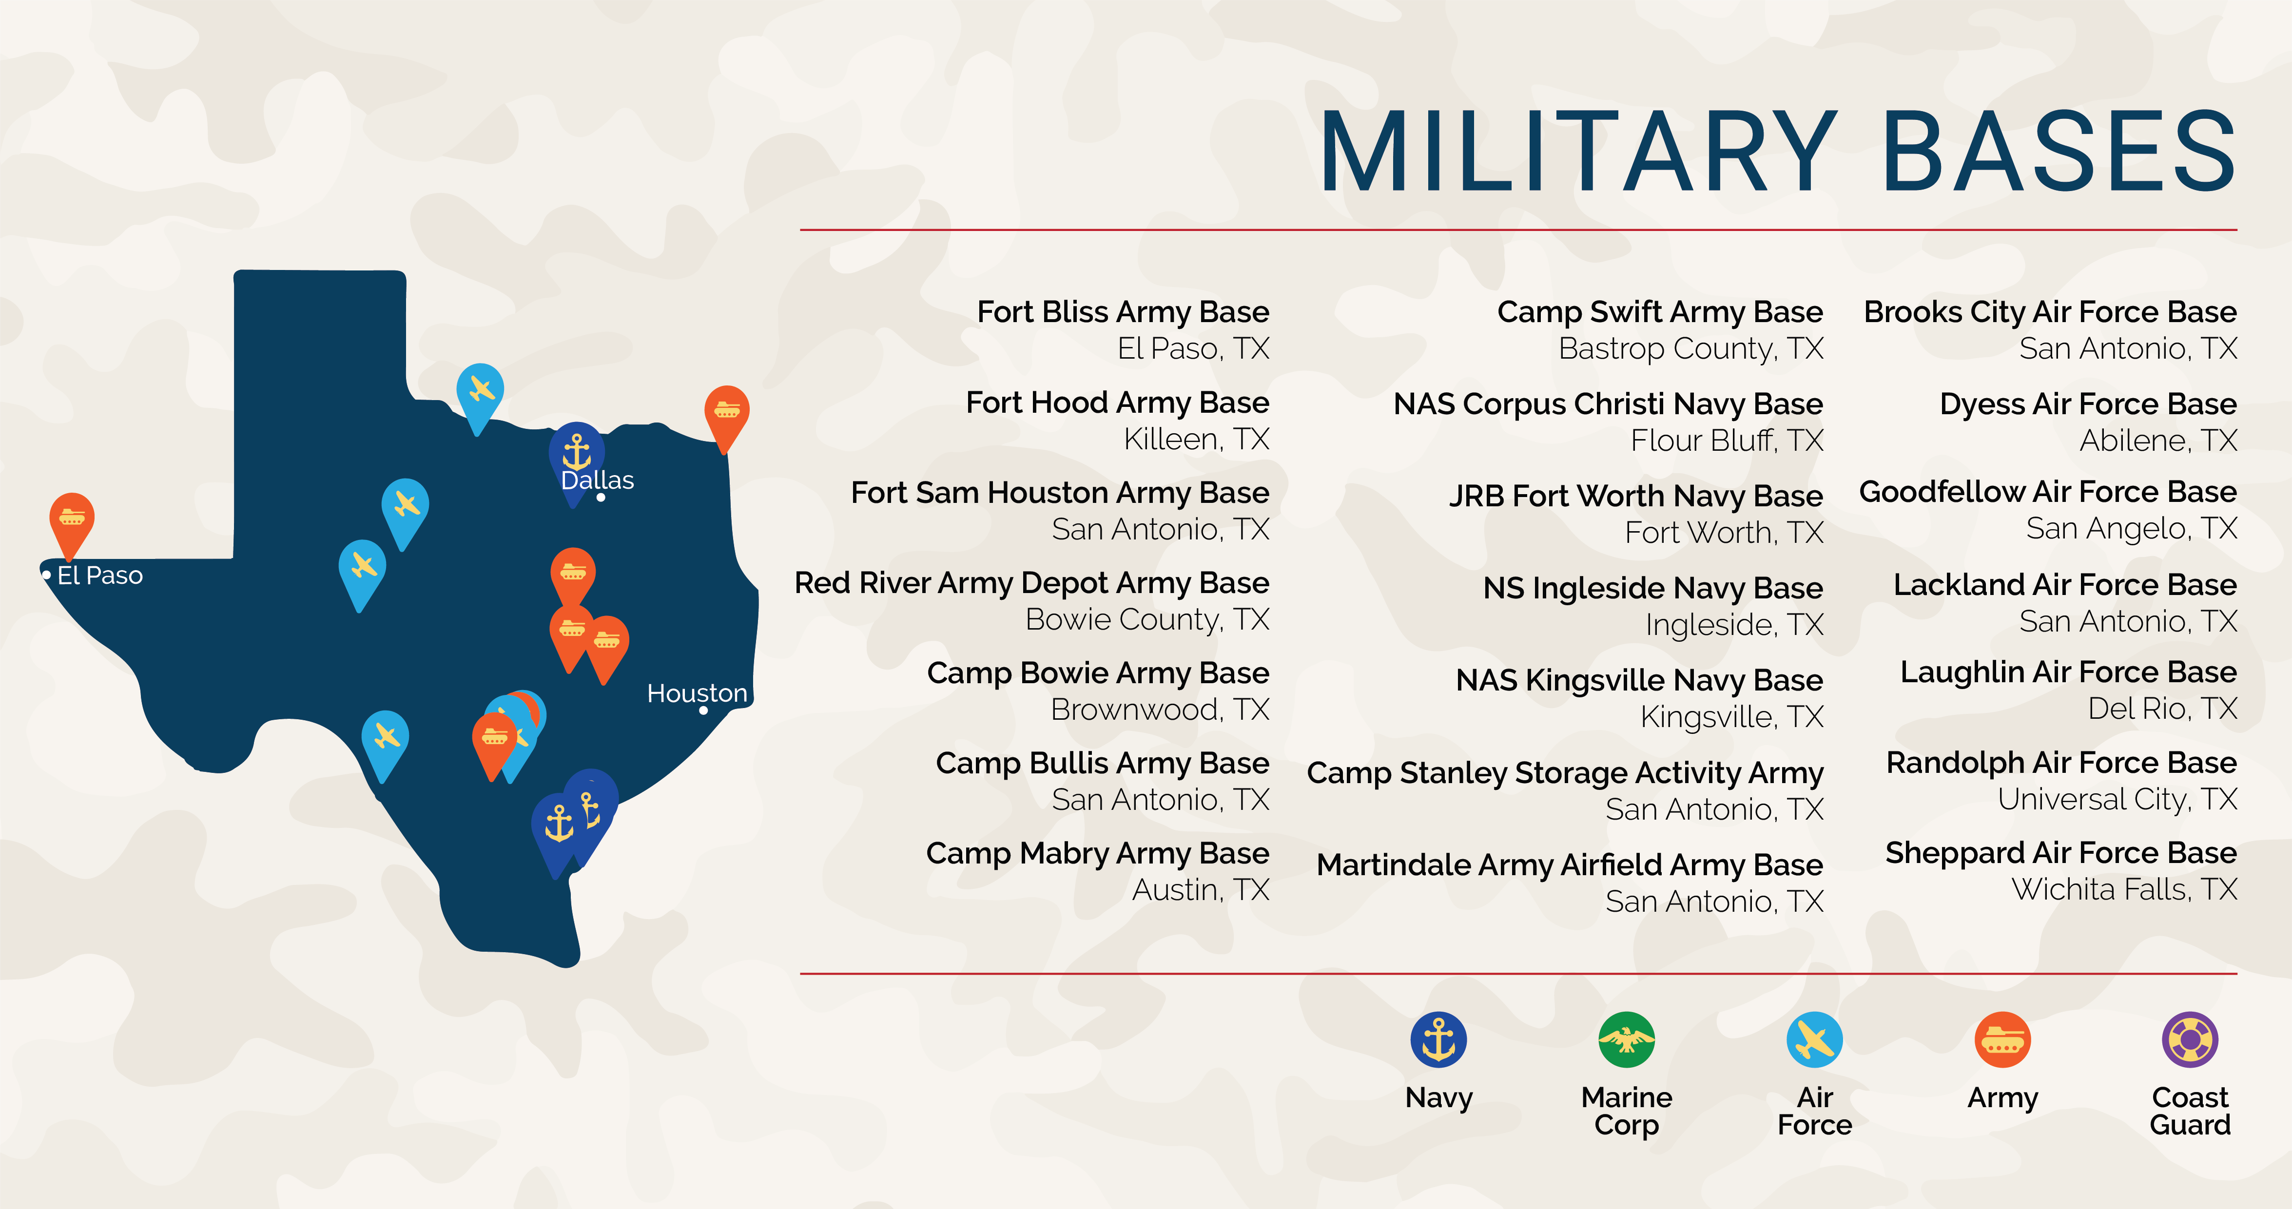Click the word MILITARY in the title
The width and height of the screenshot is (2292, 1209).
[x=1577, y=151]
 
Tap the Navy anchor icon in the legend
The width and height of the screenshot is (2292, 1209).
[x=1438, y=1039]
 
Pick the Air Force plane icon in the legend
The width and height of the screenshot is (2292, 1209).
[x=1814, y=1039]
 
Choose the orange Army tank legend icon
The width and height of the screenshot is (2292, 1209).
[x=2002, y=1039]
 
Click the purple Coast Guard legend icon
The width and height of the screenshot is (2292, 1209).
[x=2190, y=1039]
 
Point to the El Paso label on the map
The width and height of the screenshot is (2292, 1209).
[x=99, y=576]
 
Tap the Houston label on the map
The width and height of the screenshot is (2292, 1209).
[x=697, y=693]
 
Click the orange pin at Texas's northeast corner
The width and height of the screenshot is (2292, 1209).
[x=727, y=412]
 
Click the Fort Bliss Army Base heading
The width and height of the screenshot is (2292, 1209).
[x=1123, y=312]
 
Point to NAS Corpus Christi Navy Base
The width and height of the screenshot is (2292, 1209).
[x=1608, y=404]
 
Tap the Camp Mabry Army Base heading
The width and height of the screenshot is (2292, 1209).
[x=1097, y=853]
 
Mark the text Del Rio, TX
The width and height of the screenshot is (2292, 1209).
[x=2162, y=709]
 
